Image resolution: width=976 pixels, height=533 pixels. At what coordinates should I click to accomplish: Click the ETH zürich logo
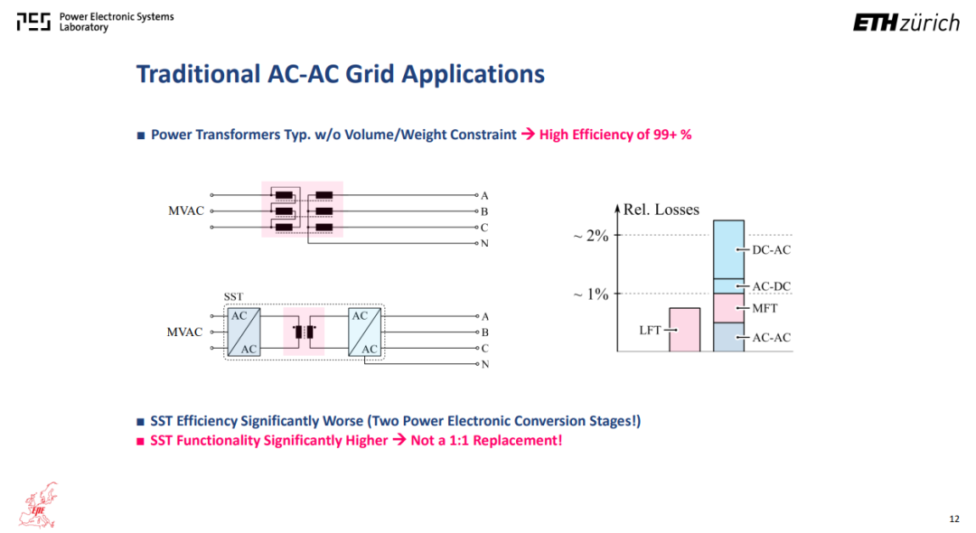click(x=906, y=23)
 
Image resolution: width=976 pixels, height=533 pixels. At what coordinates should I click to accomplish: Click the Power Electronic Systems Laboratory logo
click(x=95, y=22)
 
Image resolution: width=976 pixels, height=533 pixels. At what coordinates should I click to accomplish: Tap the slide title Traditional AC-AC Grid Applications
click(x=341, y=74)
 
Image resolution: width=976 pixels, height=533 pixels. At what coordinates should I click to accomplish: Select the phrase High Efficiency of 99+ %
click(x=615, y=135)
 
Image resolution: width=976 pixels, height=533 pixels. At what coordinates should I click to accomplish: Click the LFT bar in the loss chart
click(x=685, y=330)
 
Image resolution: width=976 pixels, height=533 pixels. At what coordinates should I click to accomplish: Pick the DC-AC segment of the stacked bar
click(x=728, y=249)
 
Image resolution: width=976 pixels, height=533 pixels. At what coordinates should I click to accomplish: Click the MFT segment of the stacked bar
click(x=728, y=308)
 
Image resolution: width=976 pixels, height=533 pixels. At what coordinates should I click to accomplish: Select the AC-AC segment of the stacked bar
click(x=728, y=337)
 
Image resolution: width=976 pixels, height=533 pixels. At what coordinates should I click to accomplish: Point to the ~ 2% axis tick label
click(x=591, y=235)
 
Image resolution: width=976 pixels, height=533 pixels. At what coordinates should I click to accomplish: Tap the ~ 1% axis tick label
click(x=591, y=294)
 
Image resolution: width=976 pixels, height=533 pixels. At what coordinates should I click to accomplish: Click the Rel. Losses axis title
click(x=661, y=210)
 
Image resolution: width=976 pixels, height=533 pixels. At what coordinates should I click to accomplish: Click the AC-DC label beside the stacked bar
click(x=771, y=286)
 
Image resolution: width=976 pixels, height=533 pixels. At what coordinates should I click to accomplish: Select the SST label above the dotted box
click(x=233, y=296)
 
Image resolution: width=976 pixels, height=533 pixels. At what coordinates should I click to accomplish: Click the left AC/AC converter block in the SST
click(x=244, y=332)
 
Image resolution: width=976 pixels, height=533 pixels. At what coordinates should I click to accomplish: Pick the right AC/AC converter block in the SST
click(x=365, y=332)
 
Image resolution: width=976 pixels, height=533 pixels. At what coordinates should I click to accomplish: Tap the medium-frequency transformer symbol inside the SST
click(x=304, y=332)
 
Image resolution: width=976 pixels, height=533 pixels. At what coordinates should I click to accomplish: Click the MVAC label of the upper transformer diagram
click(x=186, y=210)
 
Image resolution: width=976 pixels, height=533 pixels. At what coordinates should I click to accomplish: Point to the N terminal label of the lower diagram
click(x=485, y=364)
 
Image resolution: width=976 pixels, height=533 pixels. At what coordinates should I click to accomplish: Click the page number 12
click(x=954, y=519)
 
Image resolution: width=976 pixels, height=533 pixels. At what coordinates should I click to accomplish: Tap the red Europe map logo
click(x=39, y=505)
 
